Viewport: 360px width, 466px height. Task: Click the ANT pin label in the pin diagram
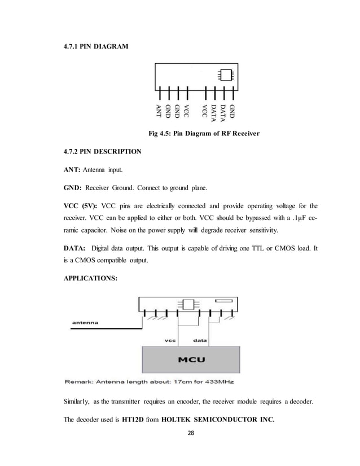[x=159, y=112]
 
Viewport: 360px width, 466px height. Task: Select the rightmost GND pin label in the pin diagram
[x=232, y=110]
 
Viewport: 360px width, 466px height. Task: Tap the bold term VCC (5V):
[x=81, y=205]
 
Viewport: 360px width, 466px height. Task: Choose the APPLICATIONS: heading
[x=90, y=278]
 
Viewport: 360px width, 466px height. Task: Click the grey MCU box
[x=192, y=359]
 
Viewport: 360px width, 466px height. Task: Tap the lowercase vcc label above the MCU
[x=170, y=340]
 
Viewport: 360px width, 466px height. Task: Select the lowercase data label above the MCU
[x=200, y=340]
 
